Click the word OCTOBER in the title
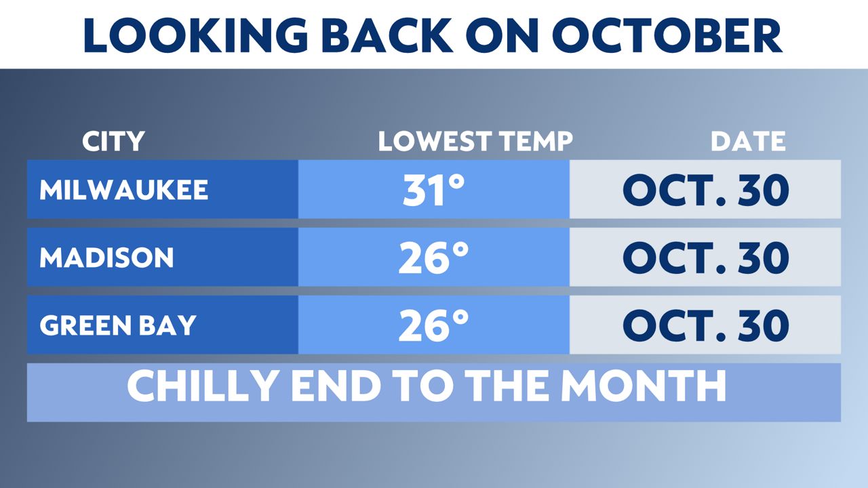[667, 35]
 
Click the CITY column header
[113, 142]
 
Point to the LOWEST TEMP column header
[475, 142]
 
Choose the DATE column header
[748, 142]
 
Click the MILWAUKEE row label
[123, 190]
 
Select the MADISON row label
[106, 258]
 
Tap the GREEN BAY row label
[117, 326]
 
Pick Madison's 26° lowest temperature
[433, 258]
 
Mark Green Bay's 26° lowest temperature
[433, 326]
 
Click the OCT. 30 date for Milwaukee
[705, 190]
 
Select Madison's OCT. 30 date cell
[705, 258]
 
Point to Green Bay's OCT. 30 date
[705, 326]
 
